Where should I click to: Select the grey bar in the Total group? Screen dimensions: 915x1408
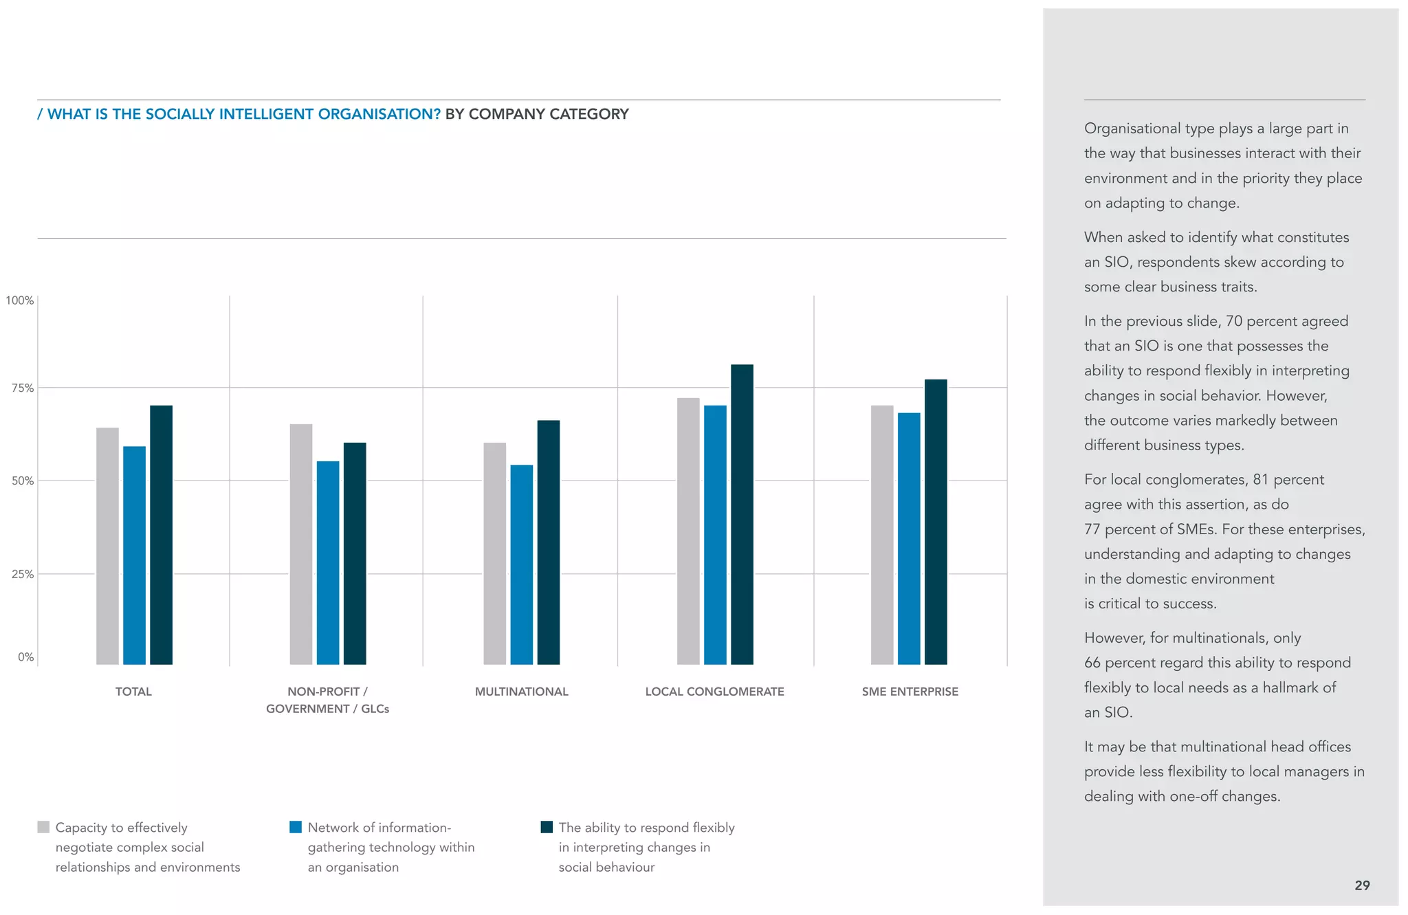(107, 546)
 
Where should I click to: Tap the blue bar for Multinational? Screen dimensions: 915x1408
(521, 564)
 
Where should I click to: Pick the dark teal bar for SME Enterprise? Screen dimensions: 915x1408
(935, 522)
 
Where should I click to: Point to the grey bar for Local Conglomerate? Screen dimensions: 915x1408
(688, 531)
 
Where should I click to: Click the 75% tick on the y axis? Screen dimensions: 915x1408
(22, 388)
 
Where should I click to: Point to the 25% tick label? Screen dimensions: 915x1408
(22, 574)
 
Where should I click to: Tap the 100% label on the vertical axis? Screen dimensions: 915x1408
(20, 300)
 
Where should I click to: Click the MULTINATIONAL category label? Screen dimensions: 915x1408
(521, 692)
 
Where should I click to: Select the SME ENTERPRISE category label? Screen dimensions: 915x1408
(910, 692)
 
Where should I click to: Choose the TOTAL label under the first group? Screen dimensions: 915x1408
(133, 692)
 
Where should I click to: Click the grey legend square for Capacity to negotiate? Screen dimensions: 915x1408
(43, 827)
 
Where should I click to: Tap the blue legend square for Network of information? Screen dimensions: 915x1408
(296, 827)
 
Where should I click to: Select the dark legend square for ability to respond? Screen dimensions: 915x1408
(547, 827)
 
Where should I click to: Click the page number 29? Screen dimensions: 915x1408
(1362, 885)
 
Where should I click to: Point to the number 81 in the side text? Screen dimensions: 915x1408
(1260, 479)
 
